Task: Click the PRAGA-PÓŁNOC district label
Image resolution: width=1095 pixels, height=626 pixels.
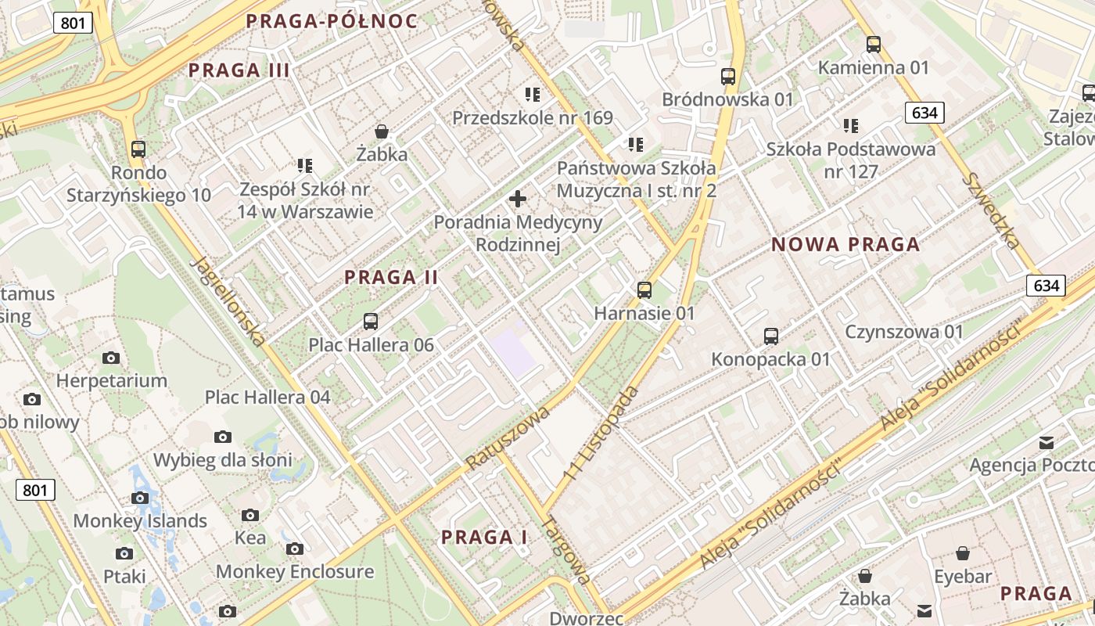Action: tap(332, 21)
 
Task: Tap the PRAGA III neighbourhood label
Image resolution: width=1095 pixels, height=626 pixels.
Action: tap(239, 70)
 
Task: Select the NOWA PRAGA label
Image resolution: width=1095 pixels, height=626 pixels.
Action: tap(845, 244)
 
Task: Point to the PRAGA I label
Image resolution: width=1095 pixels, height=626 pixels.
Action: tap(484, 538)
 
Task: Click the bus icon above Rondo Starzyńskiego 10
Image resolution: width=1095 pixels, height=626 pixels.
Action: tap(138, 149)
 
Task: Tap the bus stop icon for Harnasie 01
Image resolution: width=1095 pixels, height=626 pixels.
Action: tap(644, 290)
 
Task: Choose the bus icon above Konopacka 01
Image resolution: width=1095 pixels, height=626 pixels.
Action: tap(771, 336)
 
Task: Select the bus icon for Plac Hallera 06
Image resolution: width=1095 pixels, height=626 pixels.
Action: tap(371, 322)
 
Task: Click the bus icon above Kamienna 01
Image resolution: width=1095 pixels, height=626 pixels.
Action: tap(874, 45)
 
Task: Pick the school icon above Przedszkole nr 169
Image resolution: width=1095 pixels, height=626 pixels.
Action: tap(533, 95)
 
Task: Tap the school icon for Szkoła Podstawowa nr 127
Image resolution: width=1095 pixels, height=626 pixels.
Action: tap(851, 125)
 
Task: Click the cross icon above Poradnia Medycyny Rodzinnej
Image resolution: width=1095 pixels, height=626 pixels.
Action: tap(518, 199)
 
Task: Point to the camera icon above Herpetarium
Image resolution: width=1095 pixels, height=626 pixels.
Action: tap(111, 358)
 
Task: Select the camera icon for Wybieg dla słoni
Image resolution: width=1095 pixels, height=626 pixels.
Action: tap(223, 437)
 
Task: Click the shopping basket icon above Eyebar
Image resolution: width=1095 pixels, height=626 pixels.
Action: tap(963, 553)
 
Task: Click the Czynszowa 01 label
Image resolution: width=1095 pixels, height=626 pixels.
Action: tap(904, 332)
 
